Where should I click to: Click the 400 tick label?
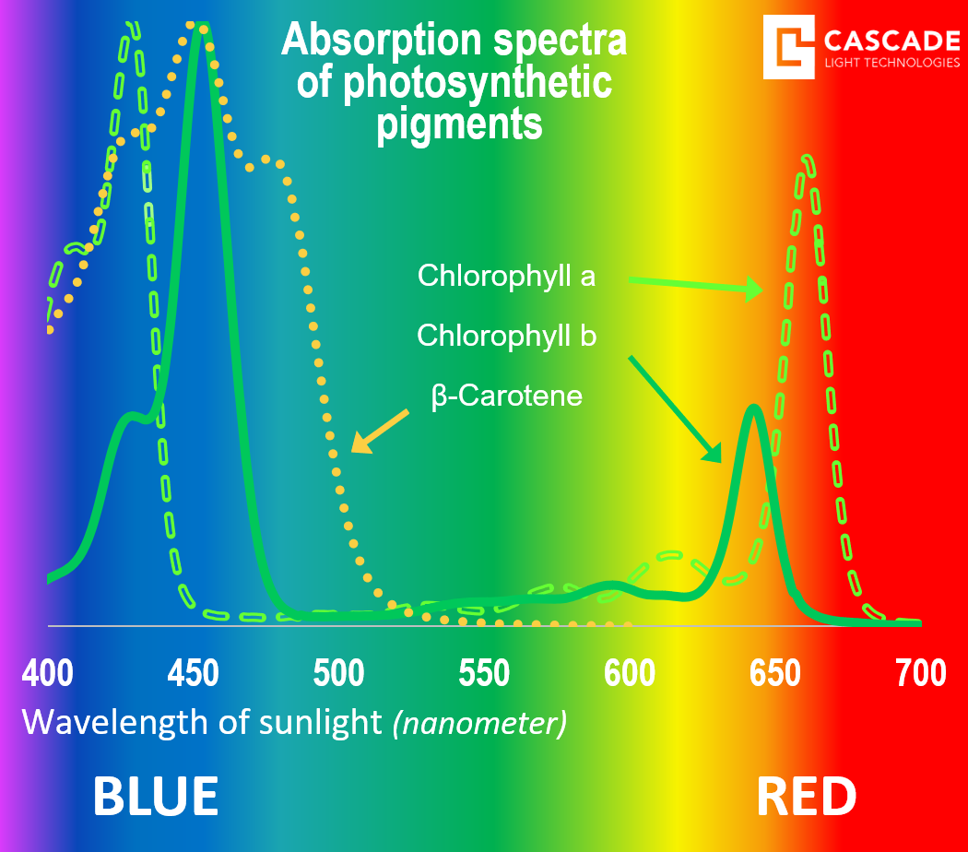pyautogui.click(x=48, y=673)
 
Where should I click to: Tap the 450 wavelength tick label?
pyautogui.click(x=194, y=673)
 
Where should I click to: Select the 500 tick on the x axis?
pyautogui.click(x=338, y=673)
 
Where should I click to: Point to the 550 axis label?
pyautogui.click(x=484, y=673)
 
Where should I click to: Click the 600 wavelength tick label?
pyautogui.click(x=630, y=673)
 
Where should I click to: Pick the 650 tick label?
pyautogui.click(x=774, y=673)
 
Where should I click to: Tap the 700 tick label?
pyautogui.click(x=920, y=673)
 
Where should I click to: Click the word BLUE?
pyautogui.click(x=156, y=797)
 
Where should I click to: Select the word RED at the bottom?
pyautogui.click(x=807, y=797)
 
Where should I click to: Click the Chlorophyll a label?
pyautogui.click(x=506, y=276)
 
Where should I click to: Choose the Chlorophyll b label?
pyautogui.click(x=506, y=336)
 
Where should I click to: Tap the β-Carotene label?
pyautogui.click(x=506, y=396)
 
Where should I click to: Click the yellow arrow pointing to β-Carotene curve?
pyautogui.click(x=380, y=431)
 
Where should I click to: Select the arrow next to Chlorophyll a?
pyautogui.click(x=696, y=285)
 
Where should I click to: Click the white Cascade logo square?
pyautogui.click(x=789, y=47)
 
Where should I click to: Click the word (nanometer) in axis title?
pyautogui.click(x=479, y=723)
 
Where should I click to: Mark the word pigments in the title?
pyautogui.click(x=459, y=124)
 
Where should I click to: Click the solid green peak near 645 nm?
pyautogui.click(x=752, y=408)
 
